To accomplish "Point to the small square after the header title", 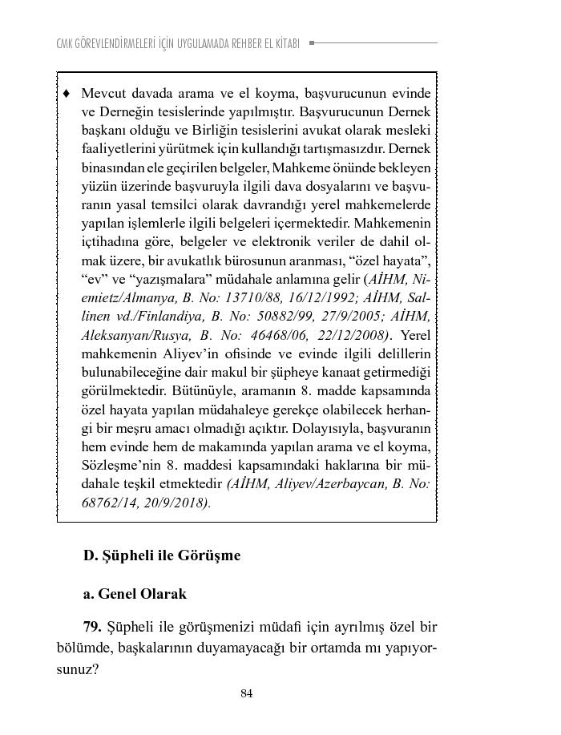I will click(312, 42).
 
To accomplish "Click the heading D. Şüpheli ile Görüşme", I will click(162, 555).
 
